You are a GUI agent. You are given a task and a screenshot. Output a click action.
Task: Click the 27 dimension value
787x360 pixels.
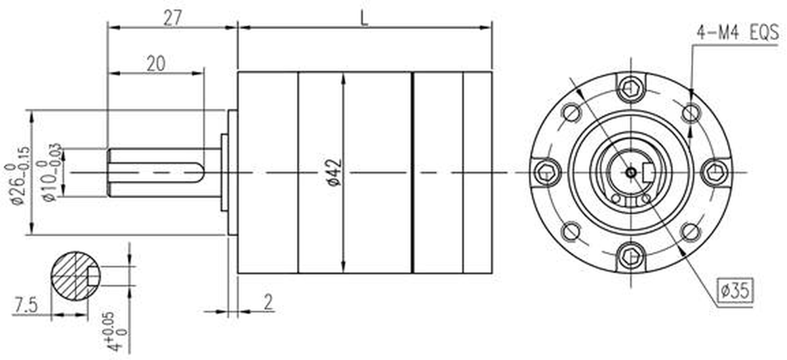tap(172, 18)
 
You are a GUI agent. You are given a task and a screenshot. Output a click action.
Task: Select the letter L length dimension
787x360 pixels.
tap(365, 18)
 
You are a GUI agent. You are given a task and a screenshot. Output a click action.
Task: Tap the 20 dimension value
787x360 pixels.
tap(155, 64)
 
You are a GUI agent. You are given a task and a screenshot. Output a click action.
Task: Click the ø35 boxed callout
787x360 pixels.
tap(735, 290)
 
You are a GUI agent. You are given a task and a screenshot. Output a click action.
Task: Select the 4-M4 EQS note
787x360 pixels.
tap(737, 33)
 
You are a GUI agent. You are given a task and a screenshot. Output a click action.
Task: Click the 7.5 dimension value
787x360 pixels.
tap(26, 305)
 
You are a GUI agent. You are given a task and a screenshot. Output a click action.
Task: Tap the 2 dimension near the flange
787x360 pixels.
tap(268, 302)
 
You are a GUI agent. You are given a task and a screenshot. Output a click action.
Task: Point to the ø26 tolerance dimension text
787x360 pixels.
tap(16, 175)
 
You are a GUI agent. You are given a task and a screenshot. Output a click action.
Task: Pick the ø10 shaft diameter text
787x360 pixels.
tap(50, 172)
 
